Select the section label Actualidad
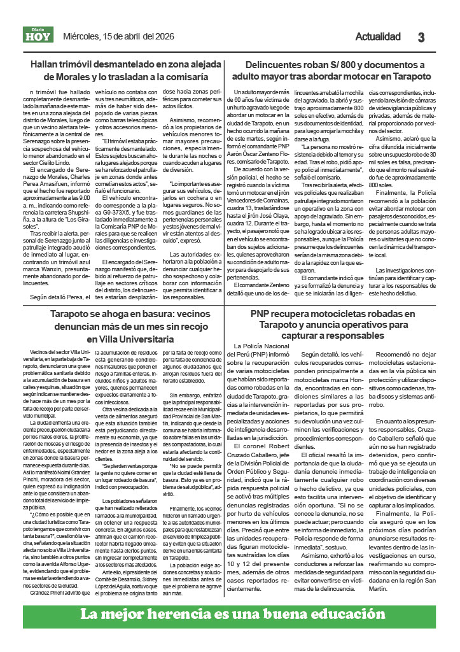(x=378, y=36)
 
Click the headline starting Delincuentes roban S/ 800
(x=335, y=70)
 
